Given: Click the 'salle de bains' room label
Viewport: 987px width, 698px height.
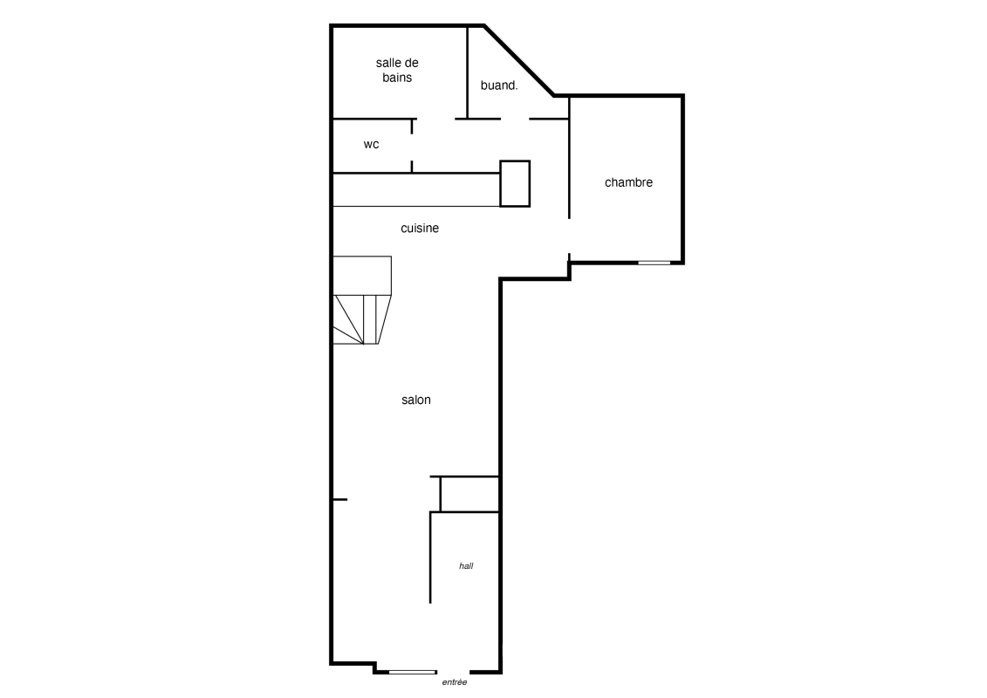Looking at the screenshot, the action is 397,70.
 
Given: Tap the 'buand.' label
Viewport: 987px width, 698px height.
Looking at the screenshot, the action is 499,85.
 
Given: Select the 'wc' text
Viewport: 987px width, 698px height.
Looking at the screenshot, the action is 372,144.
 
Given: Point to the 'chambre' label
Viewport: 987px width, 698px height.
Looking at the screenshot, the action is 628,182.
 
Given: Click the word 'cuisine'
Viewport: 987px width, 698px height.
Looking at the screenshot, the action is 420,228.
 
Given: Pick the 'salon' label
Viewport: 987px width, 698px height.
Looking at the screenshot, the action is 416,400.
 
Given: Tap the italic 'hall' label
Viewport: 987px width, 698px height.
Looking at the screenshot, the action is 466,566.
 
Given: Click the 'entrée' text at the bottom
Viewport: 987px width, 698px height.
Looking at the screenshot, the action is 455,682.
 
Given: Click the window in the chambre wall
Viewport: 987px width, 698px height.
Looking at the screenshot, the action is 654,263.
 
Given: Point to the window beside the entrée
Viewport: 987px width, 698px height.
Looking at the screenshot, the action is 412,672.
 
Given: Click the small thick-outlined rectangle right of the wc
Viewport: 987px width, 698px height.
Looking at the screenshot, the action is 515,183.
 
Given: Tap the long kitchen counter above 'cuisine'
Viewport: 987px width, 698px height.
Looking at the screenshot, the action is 416,189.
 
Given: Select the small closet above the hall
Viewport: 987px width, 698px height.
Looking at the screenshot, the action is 470,494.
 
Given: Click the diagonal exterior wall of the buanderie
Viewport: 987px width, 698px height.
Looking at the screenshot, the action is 518,60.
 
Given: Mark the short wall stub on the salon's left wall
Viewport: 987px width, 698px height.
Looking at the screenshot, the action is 339,500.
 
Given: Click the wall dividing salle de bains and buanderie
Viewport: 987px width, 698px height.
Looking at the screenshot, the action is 468,72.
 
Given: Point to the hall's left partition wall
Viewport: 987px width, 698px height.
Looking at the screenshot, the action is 430,558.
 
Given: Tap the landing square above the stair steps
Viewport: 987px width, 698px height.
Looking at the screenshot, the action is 362,275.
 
